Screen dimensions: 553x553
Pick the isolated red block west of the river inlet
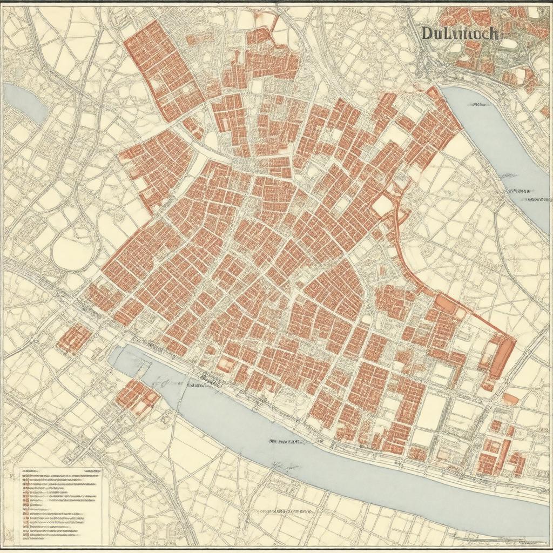click(x=74, y=338)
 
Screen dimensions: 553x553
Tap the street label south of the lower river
click(x=285, y=510)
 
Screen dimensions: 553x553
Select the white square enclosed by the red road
click(x=383, y=206)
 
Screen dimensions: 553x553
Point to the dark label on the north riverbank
click(x=205, y=383)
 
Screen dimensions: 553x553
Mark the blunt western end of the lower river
click(x=116, y=356)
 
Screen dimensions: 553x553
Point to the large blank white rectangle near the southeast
click(x=432, y=410)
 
